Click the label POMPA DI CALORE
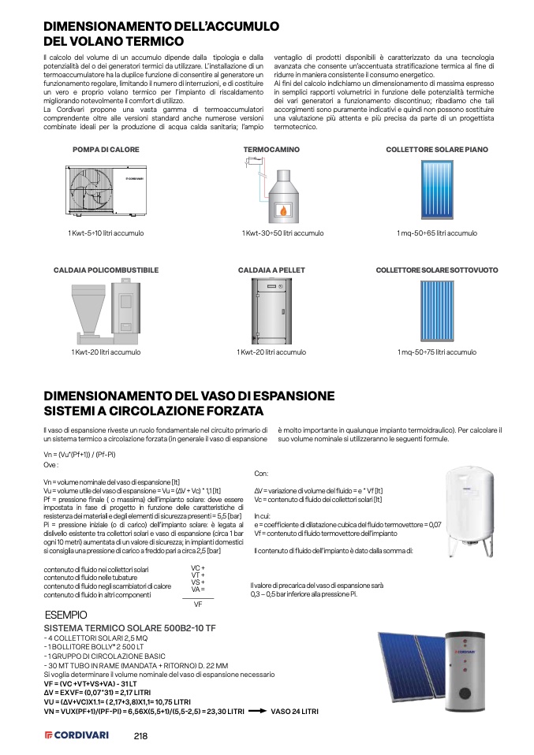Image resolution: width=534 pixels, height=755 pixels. tap(106, 150)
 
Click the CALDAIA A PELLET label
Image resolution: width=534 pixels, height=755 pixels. tap(271, 270)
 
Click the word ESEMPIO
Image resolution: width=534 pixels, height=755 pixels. tap(66, 615)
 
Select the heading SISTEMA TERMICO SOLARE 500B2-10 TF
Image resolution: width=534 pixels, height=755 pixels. tap(130, 628)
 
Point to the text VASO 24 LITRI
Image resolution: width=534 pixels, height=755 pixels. tap(295, 712)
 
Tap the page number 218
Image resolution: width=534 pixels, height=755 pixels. tap(140, 736)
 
